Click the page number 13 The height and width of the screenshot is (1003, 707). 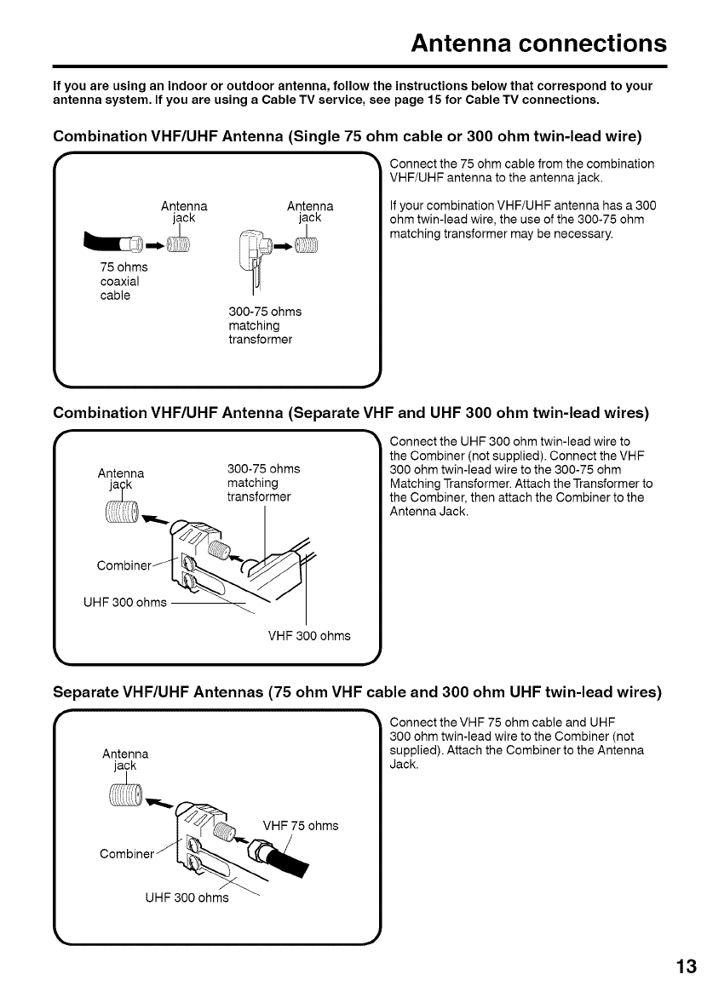687,966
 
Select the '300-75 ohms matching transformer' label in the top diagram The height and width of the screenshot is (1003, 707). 264,325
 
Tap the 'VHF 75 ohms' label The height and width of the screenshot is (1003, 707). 301,825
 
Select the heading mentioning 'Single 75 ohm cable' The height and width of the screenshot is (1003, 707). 347,137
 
